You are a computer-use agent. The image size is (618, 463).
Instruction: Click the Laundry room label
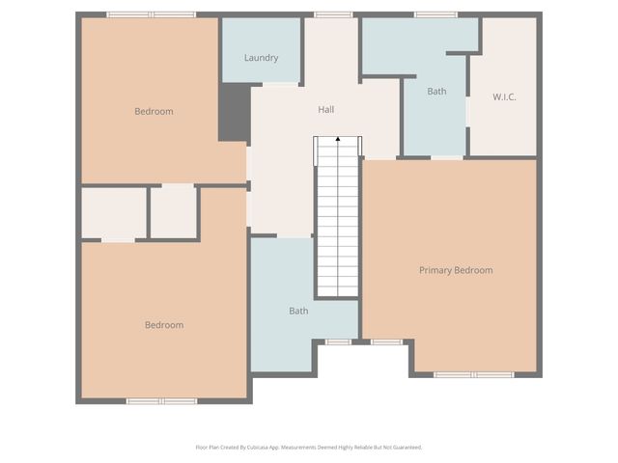[x=261, y=58]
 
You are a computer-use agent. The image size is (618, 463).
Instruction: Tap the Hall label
[x=326, y=110]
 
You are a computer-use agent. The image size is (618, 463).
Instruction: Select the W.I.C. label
[x=504, y=96]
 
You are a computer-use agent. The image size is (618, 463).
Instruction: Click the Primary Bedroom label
[x=456, y=270]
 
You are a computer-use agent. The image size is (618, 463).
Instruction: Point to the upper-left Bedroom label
[x=154, y=112]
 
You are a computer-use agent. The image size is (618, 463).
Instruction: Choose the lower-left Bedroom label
[x=164, y=325]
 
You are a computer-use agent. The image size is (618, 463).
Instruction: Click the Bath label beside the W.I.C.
[x=437, y=92]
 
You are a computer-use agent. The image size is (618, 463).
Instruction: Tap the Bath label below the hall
[x=298, y=311]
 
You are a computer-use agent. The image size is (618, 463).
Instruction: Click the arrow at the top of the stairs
[x=338, y=141]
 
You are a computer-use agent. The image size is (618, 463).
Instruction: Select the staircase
[x=338, y=222]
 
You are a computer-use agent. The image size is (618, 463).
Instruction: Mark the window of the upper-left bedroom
[x=151, y=14]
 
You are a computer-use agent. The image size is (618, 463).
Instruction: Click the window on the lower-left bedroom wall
[x=161, y=400]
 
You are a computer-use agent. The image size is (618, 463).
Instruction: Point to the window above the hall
[x=333, y=14]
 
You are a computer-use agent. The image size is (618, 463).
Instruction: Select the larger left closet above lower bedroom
[x=114, y=212]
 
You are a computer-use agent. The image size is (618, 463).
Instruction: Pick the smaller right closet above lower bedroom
[x=174, y=211]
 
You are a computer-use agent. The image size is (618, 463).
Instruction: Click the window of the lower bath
[x=338, y=341]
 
